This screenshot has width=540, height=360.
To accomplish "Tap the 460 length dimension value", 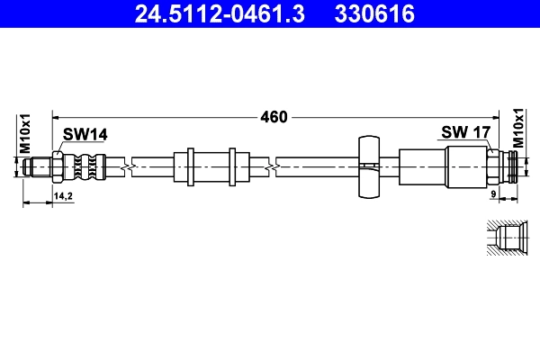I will (273, 117).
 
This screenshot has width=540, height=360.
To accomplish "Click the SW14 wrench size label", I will (85, 134).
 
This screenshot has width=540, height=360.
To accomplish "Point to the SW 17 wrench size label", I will (465, 132).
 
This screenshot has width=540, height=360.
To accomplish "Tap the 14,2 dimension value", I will (63, 195).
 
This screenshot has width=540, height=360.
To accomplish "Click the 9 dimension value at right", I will (494, 194).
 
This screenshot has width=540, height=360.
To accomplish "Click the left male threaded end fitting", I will (40, 166).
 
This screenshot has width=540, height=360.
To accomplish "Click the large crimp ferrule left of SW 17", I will (423, 166).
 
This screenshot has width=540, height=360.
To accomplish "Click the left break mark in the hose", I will (131, 166).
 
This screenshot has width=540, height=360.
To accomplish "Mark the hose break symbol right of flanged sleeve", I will (272, 166).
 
